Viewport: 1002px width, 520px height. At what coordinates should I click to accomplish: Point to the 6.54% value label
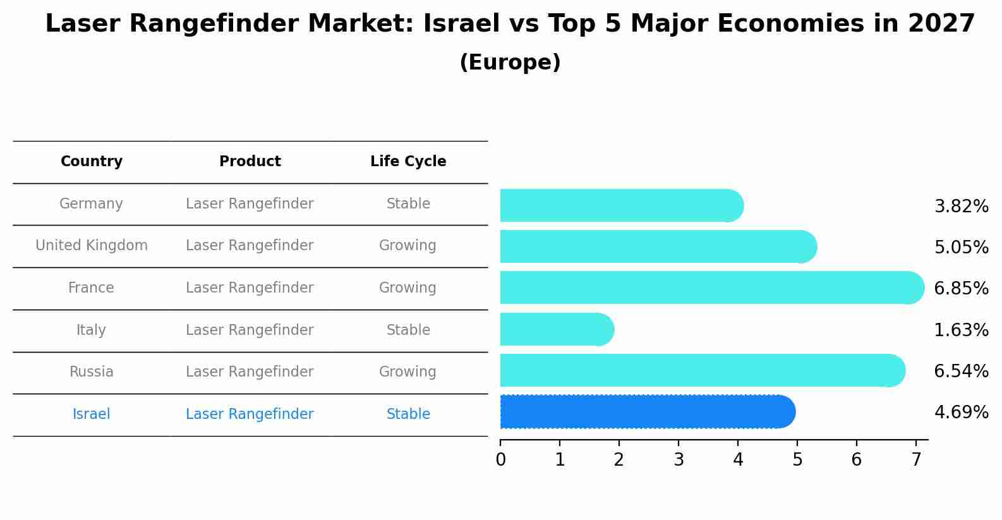click(961, 371)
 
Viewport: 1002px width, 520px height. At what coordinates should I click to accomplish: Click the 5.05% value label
click(961, 247)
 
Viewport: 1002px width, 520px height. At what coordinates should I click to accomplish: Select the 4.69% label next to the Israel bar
click(961, 413)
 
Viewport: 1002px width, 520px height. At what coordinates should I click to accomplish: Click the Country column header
click(92, 162)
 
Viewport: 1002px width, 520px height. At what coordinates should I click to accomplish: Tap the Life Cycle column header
click(408, 162)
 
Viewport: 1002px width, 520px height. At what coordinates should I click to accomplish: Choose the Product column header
click(250, 162)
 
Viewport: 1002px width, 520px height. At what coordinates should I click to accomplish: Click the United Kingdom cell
click(92, 246)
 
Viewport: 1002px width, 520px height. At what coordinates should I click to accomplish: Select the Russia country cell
click(92, 372)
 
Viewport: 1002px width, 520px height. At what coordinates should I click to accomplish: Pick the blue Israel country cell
click(92, 414)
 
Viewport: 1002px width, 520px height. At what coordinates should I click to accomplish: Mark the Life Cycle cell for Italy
click(408, 330)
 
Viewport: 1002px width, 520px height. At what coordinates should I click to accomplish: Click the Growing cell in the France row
click(407, 288)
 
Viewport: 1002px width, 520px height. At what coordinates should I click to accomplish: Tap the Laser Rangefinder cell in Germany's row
click(250, 204)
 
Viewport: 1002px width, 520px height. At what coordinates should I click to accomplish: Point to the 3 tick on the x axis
click(679, 460)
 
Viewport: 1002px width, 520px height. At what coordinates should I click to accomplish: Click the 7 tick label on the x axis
click(916, 460)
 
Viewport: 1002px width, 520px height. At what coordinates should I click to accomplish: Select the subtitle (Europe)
click(510, 63)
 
